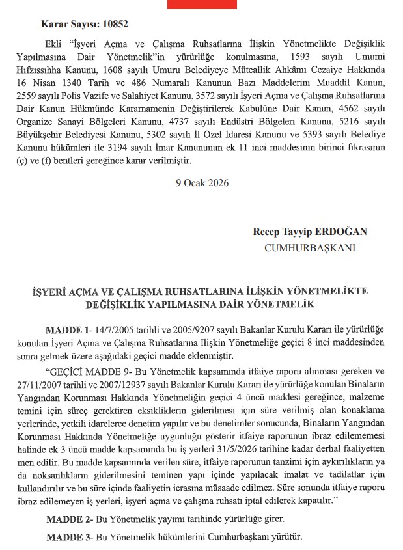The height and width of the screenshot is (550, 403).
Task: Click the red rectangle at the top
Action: click(201, 4)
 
